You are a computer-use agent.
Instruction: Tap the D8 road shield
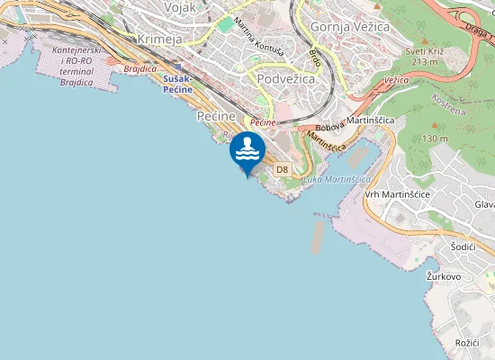click(282, 169)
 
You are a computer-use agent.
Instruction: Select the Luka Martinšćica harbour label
click(337, 179)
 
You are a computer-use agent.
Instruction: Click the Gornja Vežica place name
click(349, 28)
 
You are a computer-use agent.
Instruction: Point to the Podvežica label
click(287, 79)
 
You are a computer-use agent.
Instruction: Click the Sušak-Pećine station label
click(178, 85)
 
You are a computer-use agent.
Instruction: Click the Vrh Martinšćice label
click(397, 194)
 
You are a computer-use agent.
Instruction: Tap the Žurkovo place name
click(444, 276)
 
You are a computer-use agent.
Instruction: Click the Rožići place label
click(466, 343)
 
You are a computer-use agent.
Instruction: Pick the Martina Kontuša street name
click(256, 37)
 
